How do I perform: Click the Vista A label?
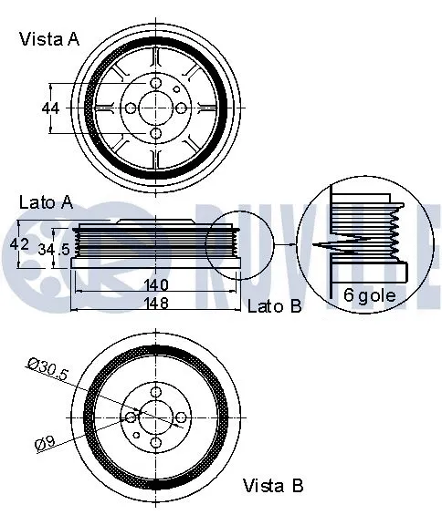(x=48, y=38)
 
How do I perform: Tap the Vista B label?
(x=272, y=486)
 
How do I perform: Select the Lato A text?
(x=45, y=203)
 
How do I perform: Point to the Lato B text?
(x=274, y=306)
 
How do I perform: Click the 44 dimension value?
(x=50, y=108)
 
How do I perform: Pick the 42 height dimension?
(x=19, y=245)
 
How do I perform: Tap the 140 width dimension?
(x=154, y=284)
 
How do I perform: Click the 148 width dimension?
(x=154, y=303)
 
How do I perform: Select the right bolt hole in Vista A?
(x=181, y=108)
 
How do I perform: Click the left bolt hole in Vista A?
(x=131, y=108)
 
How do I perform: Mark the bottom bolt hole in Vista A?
(x=154, y=135)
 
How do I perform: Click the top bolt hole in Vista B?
(x=155, y=393)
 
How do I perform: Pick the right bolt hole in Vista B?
(x=180, y=417)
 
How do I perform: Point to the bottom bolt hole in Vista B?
(x=155, y=443)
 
